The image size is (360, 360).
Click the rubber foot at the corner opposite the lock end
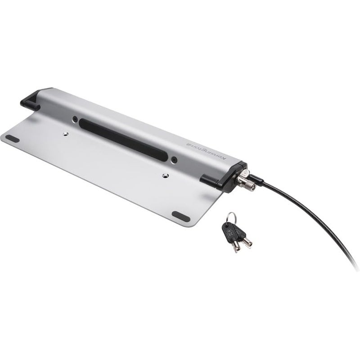coord(12,139)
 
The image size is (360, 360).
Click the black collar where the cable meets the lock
coord(257,180)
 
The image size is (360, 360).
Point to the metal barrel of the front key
coord(235,246)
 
